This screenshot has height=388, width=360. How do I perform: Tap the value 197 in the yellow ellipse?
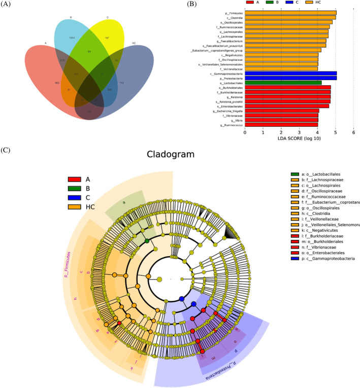(x=107, y=38)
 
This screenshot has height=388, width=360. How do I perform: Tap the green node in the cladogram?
(x=147, y=241)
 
